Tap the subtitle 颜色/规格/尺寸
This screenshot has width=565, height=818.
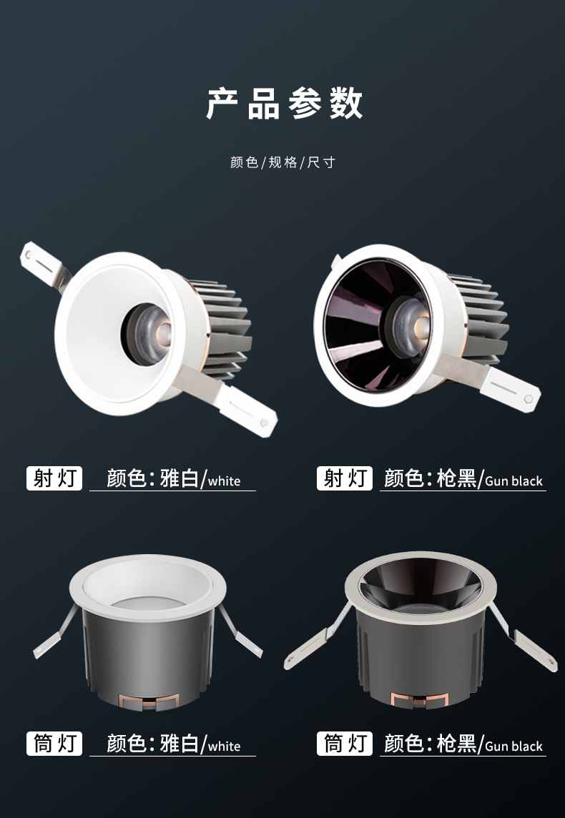tap(282, 162)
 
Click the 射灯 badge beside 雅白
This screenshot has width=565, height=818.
tap(54, 478)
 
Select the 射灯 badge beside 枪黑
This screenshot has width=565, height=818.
tap(345, 478)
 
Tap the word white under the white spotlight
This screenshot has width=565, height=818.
tap(225, 481)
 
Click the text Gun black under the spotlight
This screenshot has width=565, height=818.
tap(514, 481)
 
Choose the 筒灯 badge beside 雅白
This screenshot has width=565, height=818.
tap(54, 744)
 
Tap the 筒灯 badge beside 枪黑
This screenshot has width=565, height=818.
tap(345, 744)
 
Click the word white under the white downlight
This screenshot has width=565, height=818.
tap(225, 746)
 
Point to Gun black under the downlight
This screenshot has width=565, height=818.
tap(514, 746)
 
